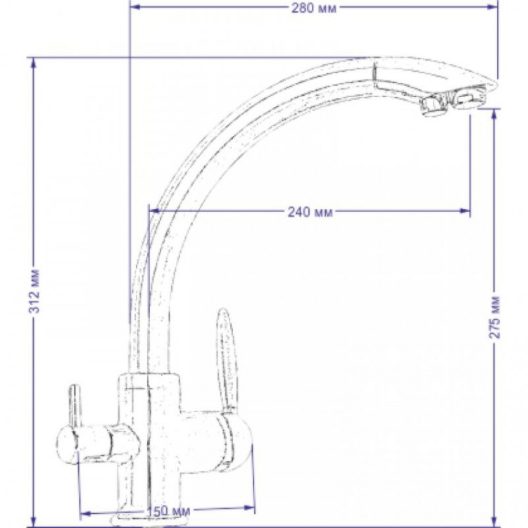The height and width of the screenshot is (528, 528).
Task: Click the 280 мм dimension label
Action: (x=314, y=8)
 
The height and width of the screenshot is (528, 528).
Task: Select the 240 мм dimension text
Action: (x=310, y=212)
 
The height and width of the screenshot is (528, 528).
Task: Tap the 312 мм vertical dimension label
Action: (x=34, y=291)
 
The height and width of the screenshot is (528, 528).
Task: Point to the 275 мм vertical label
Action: (x=494, y=318)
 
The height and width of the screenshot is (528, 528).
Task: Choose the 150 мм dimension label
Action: (x=168, y=511)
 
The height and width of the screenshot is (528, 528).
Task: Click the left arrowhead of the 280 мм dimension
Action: (x=134, y=7)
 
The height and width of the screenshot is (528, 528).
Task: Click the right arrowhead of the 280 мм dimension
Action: (x=493, y=7)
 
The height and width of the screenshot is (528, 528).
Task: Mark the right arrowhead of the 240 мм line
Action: (x=465, y=211)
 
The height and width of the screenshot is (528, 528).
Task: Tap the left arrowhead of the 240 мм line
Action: (x=153, y=211)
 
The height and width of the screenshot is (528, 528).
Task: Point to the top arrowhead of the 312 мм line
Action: (x=33, y=63)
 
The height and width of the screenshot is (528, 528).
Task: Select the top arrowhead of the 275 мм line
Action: (x=494, y=114)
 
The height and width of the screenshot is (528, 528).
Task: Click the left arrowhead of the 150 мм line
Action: (x=87, y=513)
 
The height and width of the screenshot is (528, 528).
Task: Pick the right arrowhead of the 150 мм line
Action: (x=249, y=508)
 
